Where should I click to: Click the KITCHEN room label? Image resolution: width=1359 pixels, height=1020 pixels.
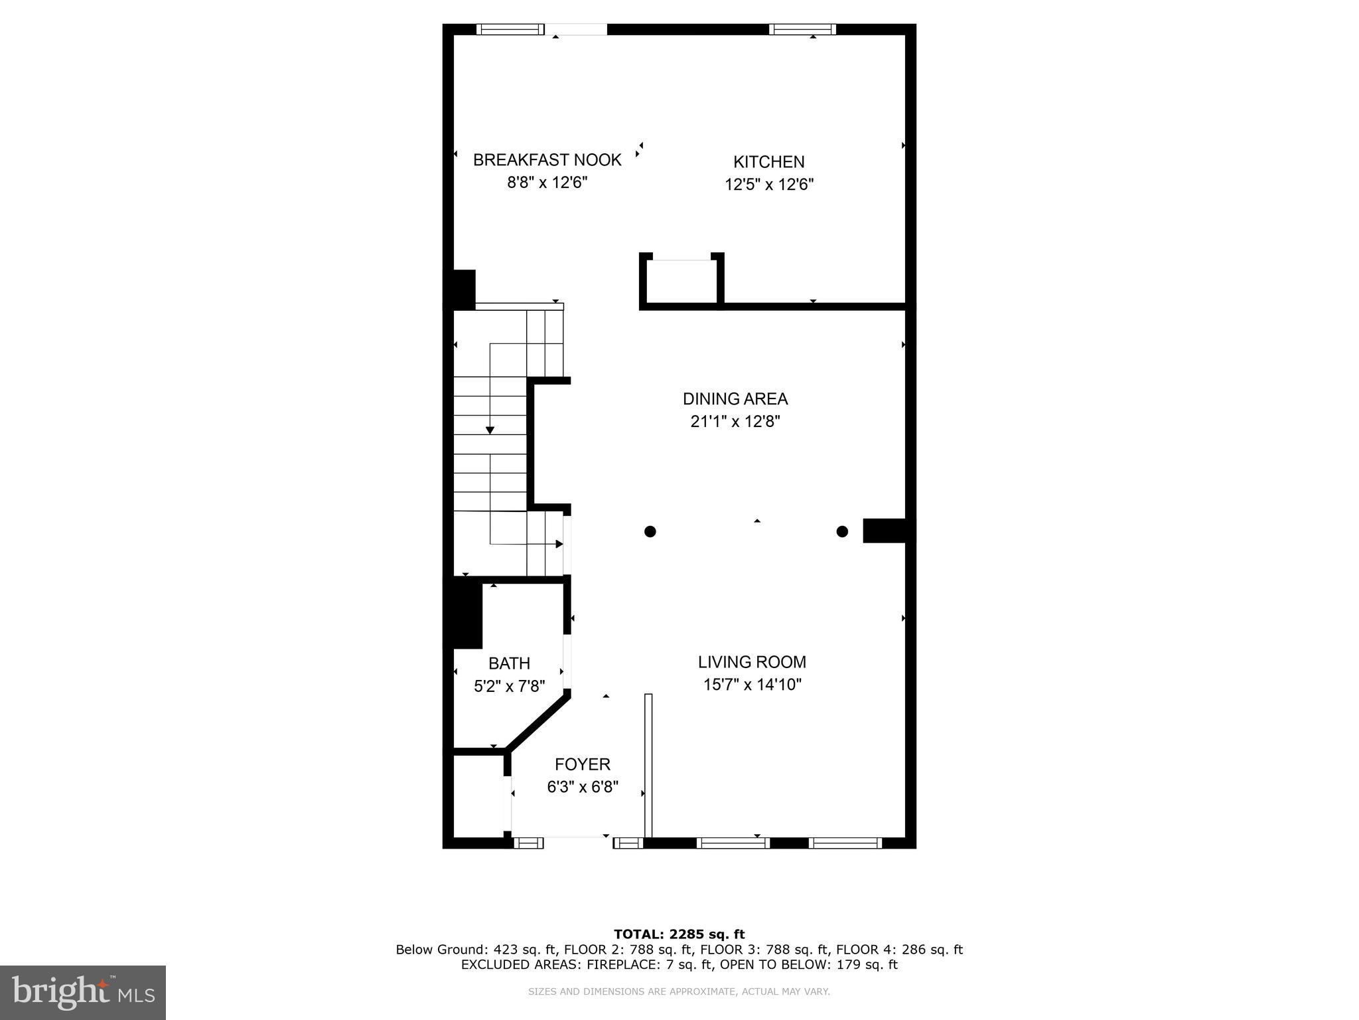click(x=768, y=162)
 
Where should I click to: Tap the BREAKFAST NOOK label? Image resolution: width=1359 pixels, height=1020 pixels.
click(x=547, y=160)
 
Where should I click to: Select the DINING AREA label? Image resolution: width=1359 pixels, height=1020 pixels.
click(x=735, y=399)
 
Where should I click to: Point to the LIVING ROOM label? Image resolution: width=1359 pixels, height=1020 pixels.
click(x=752, y=662)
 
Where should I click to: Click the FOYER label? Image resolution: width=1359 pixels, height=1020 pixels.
click(x=583, y=764)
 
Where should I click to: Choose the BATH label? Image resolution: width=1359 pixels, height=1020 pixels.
click(x=509, y=663)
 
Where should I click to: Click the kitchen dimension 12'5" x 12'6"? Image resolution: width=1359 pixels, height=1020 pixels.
click(x=768, y=185)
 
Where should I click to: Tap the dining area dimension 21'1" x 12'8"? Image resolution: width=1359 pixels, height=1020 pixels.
click(x=735, y=422)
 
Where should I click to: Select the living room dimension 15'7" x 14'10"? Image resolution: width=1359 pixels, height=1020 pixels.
click(x=752, y=685)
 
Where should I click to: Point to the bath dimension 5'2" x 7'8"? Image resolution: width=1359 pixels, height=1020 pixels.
click(x=509, y=686)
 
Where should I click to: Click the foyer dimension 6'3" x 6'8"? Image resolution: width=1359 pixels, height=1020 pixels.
click(x=583, y=788)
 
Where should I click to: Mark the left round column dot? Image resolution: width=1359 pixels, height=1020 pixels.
click(x=650, y=531)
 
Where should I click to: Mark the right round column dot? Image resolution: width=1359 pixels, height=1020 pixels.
click(x=842, y=531)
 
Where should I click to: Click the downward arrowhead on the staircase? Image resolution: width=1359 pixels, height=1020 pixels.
click(x=490, y=430)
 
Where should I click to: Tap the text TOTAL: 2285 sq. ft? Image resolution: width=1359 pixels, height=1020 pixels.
click(x=679, y=935)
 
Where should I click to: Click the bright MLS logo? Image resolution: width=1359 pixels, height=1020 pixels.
click(x=83, y=992)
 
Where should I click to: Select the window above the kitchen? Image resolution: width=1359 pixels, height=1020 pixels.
click(x=802, y=29)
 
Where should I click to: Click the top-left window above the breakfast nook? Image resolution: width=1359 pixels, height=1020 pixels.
click(x=509, y=29)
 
